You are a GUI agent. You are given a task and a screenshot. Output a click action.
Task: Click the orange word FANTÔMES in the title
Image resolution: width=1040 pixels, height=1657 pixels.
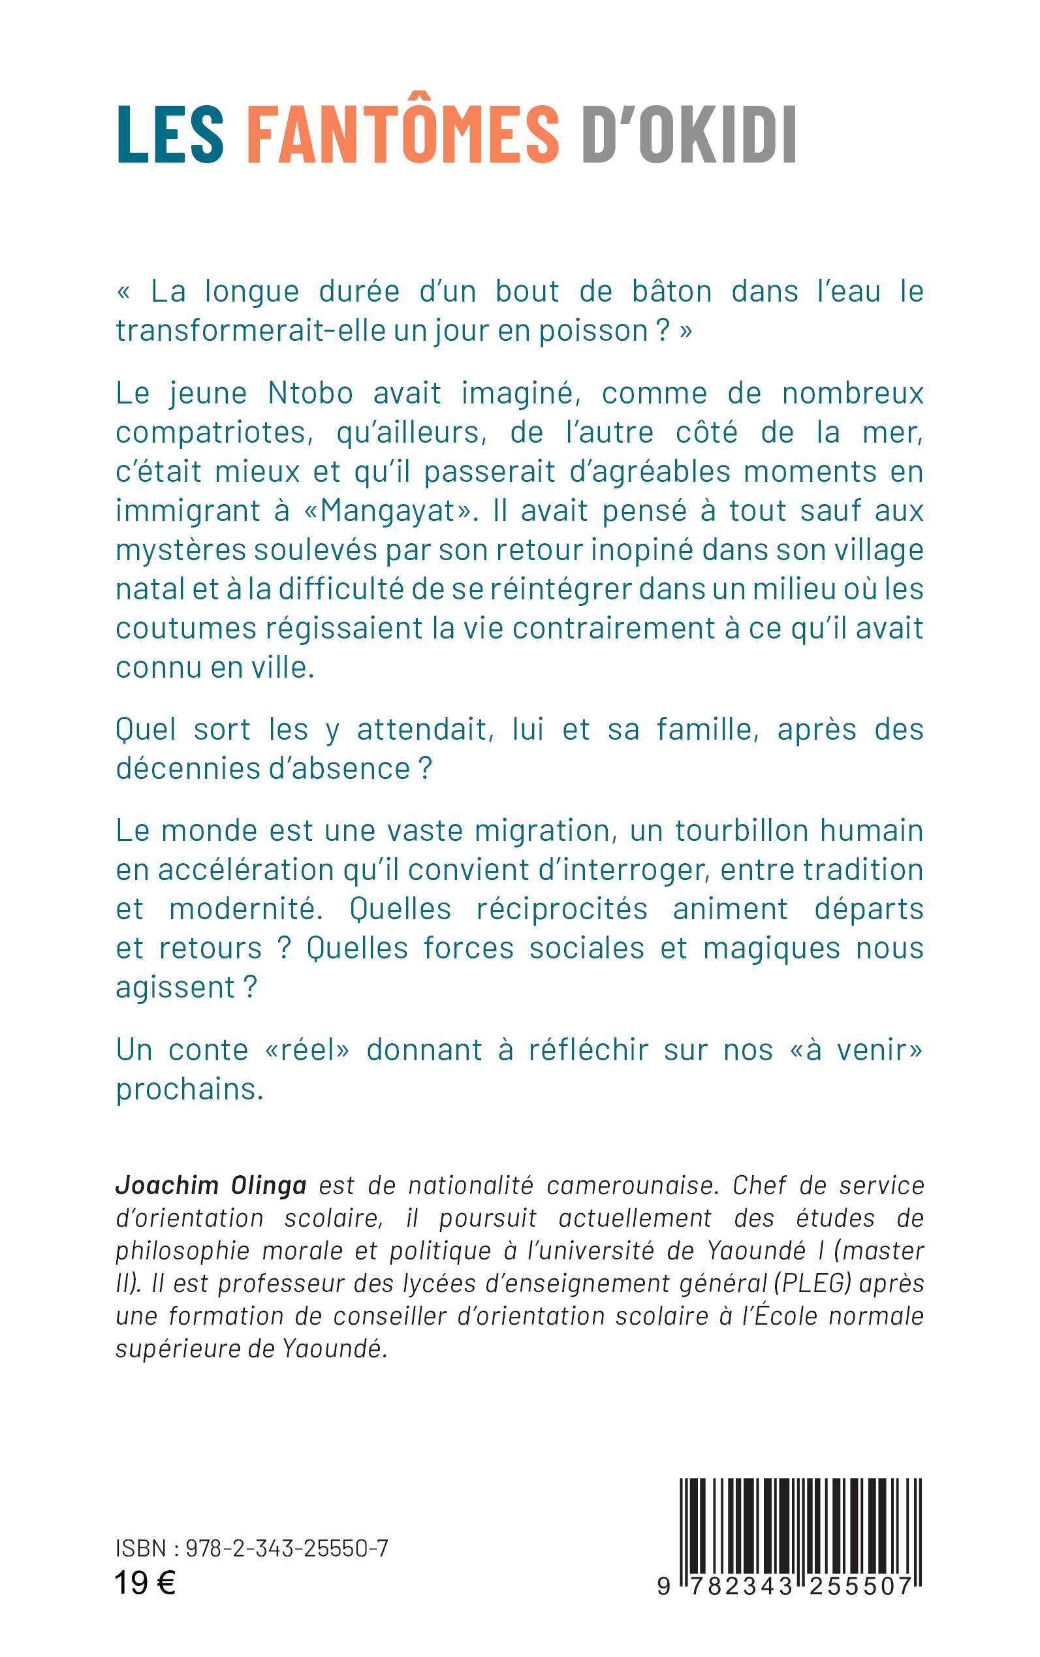click(x=402, y=134)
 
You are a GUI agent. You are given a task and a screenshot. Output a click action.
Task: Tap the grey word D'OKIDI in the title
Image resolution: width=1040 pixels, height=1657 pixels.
click(x=689, y=134)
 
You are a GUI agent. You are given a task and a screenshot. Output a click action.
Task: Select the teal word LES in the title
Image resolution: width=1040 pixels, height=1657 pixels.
click(x=170, y=134)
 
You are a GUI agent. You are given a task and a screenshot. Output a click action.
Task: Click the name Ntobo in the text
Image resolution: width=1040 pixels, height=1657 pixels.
click(x=310, y=394)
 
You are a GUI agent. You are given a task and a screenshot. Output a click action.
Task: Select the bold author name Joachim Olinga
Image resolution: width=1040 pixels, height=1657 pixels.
click(x=210, y=1185)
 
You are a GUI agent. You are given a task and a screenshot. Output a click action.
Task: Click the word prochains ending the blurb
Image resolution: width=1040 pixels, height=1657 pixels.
click(x=189, y=1090)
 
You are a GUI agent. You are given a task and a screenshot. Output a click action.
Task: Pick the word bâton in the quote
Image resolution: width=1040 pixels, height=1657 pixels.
click(x=671, y=292)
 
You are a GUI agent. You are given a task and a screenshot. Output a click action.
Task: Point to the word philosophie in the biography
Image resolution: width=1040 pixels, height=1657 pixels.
click(x=182, y=1250)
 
